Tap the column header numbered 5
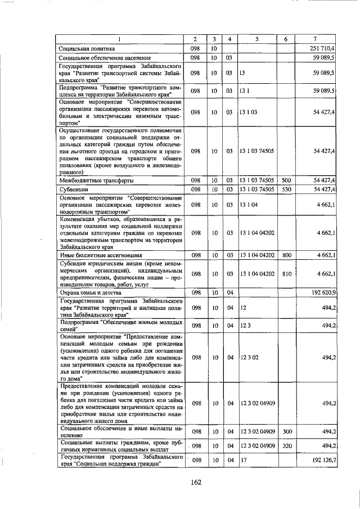(x=256, y=39)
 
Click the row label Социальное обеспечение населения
(x=105, y=58)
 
